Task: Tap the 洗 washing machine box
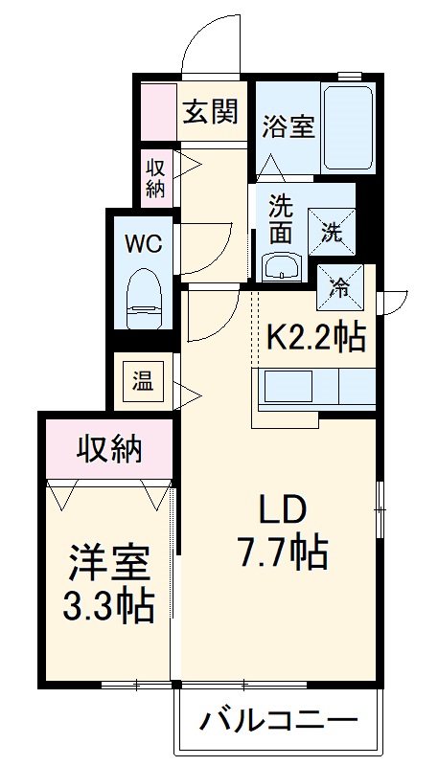[331, 231]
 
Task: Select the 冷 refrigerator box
[339, 286]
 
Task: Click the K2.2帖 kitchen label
[315, 337]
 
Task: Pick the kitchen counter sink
[287, 388]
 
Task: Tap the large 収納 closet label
[109, 446]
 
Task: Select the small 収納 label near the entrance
[156, 176]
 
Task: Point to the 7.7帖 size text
[282, 552]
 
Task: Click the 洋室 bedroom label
[108, 565]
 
